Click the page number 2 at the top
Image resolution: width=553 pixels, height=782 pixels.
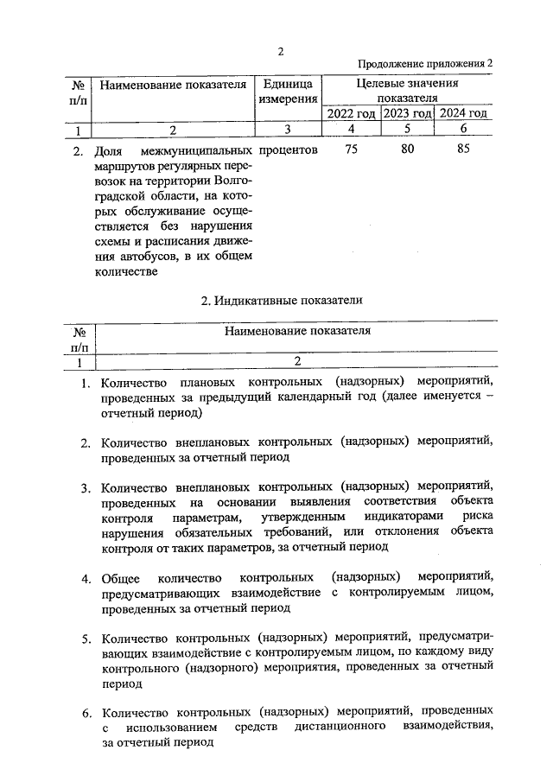coord(281,50)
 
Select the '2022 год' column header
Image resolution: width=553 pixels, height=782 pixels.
coord(351,114)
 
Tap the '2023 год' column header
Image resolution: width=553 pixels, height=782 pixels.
coord(407,114)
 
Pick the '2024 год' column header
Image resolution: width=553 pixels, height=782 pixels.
coord(463,114)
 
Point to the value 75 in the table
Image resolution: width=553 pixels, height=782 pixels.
coord(351,150)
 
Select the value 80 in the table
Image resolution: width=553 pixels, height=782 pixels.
coord(407,150)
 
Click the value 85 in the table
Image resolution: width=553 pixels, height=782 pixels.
coord(464,150)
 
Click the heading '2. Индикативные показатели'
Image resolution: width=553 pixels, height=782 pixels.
coord(281,300)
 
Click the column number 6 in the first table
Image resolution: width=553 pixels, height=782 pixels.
coord(464,130)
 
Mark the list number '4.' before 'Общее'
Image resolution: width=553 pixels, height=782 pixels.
coord(86,577)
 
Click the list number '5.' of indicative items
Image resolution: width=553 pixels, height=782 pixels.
coord(86,639)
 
